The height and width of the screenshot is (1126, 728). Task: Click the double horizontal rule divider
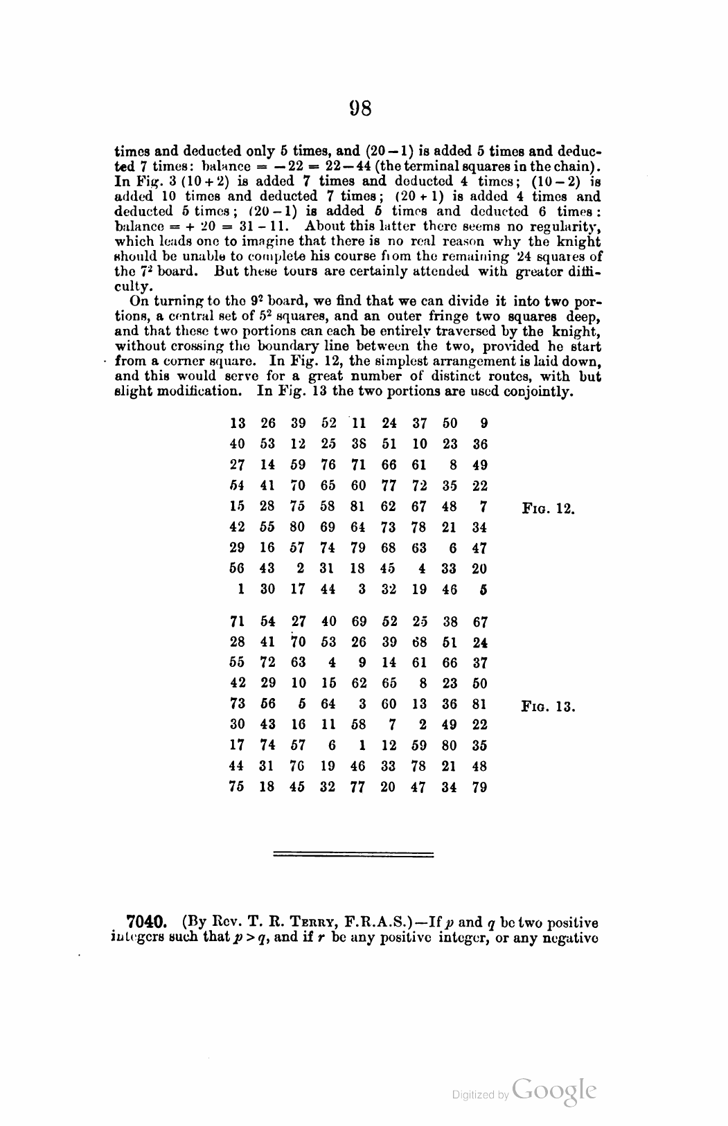(x=353, y=854)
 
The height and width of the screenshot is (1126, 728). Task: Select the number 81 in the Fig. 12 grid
(x=359, y=506)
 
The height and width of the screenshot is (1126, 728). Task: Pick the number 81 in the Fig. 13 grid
(x=479, y=704)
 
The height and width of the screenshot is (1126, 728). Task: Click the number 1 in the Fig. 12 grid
(x=237, y=589)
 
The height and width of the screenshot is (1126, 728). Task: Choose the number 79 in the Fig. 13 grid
(x=479, y=787)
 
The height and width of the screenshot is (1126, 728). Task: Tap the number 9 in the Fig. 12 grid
(x=483, y=423)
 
